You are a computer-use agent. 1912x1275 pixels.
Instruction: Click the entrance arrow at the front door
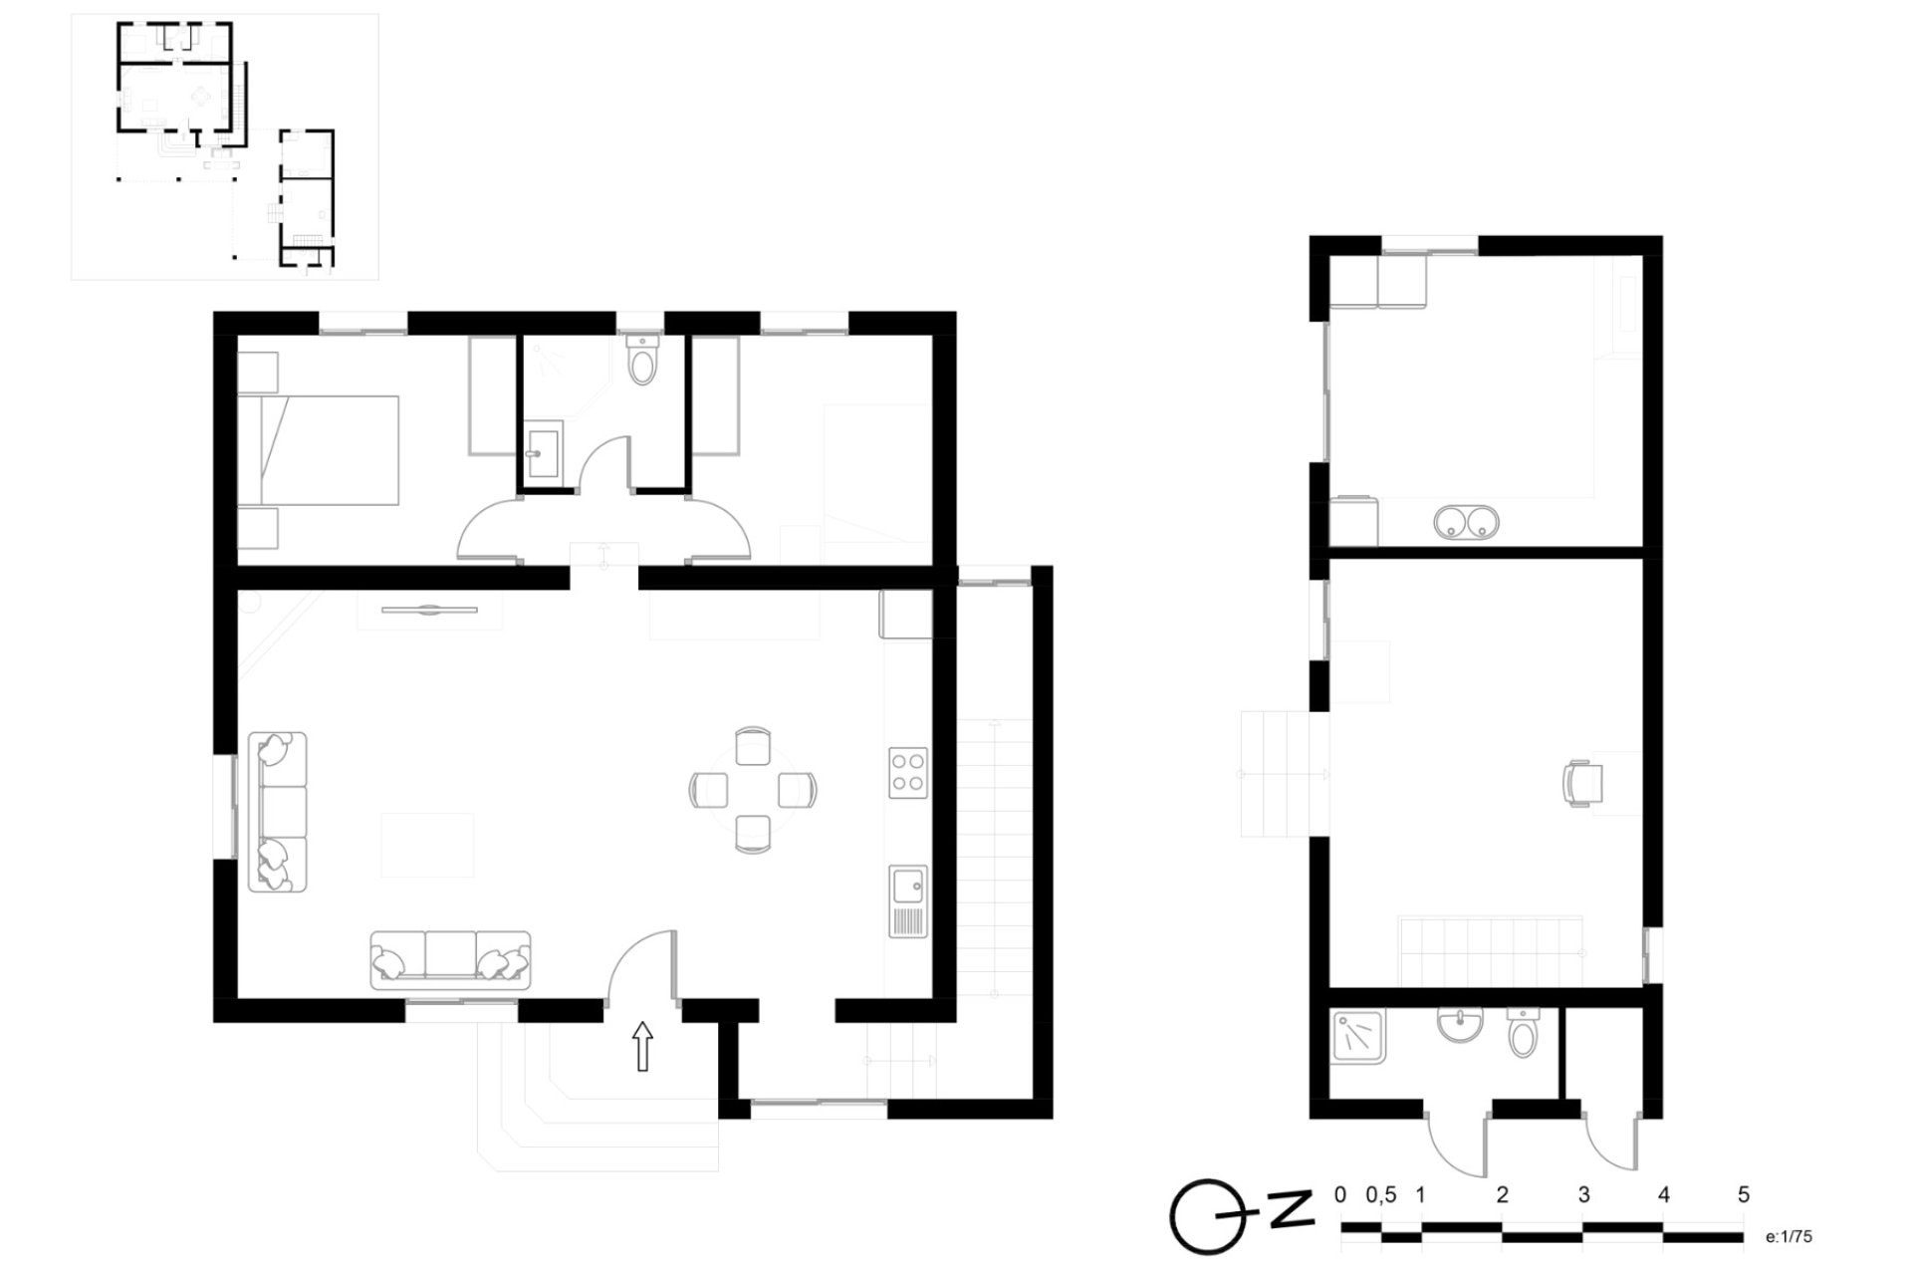[x=642, y=1046]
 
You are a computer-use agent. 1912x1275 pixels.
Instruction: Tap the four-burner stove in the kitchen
[x=908, y=773]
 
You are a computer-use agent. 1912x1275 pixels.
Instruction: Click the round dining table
[x=753, y=790]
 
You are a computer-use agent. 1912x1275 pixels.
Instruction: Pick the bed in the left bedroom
[x=319, y=450]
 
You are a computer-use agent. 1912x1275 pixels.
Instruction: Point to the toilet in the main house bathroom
[x=643, y=361]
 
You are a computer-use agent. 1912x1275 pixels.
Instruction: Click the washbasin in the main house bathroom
[x=543, y=452]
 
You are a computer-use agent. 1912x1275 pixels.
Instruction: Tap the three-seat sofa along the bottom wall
[x=450, y=960]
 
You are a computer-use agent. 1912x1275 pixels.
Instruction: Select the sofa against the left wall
[x=278, y=812]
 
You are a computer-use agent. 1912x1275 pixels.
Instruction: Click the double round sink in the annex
[x=1466, y=521]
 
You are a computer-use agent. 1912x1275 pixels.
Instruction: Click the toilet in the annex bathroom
[x=1523, y=1034]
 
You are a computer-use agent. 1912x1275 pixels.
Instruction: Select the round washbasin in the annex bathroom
[x=1460, y=1023]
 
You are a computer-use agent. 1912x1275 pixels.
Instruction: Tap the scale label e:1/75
[x=1789, y=1237]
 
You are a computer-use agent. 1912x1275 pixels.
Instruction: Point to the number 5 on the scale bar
[x=1743, y=1194]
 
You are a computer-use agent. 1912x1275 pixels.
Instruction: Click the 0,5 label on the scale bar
[x=1380, y=1194]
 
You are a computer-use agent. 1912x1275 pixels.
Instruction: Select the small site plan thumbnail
[x=225, y=146]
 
